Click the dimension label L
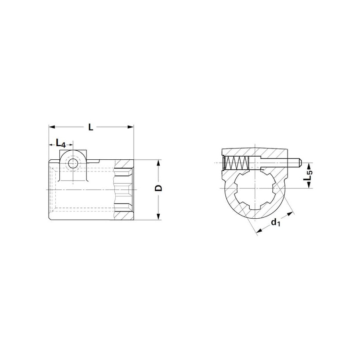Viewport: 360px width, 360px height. point(91,127)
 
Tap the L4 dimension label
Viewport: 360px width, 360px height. point(61,144)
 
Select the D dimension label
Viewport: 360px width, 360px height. point(158,188)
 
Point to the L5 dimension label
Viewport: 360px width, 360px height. point(308,175)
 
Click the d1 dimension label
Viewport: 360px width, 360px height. point(275,222)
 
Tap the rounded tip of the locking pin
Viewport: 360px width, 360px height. point(300,163)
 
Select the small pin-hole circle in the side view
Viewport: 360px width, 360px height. point(73,164)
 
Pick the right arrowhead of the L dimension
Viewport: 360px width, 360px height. point(130,127)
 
